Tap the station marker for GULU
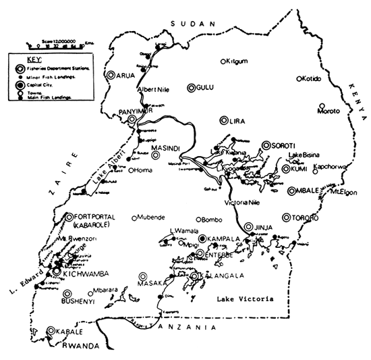[192, 86]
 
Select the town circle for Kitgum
[227, 60]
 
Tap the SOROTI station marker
[266, 144]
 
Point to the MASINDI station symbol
[156, 155]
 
